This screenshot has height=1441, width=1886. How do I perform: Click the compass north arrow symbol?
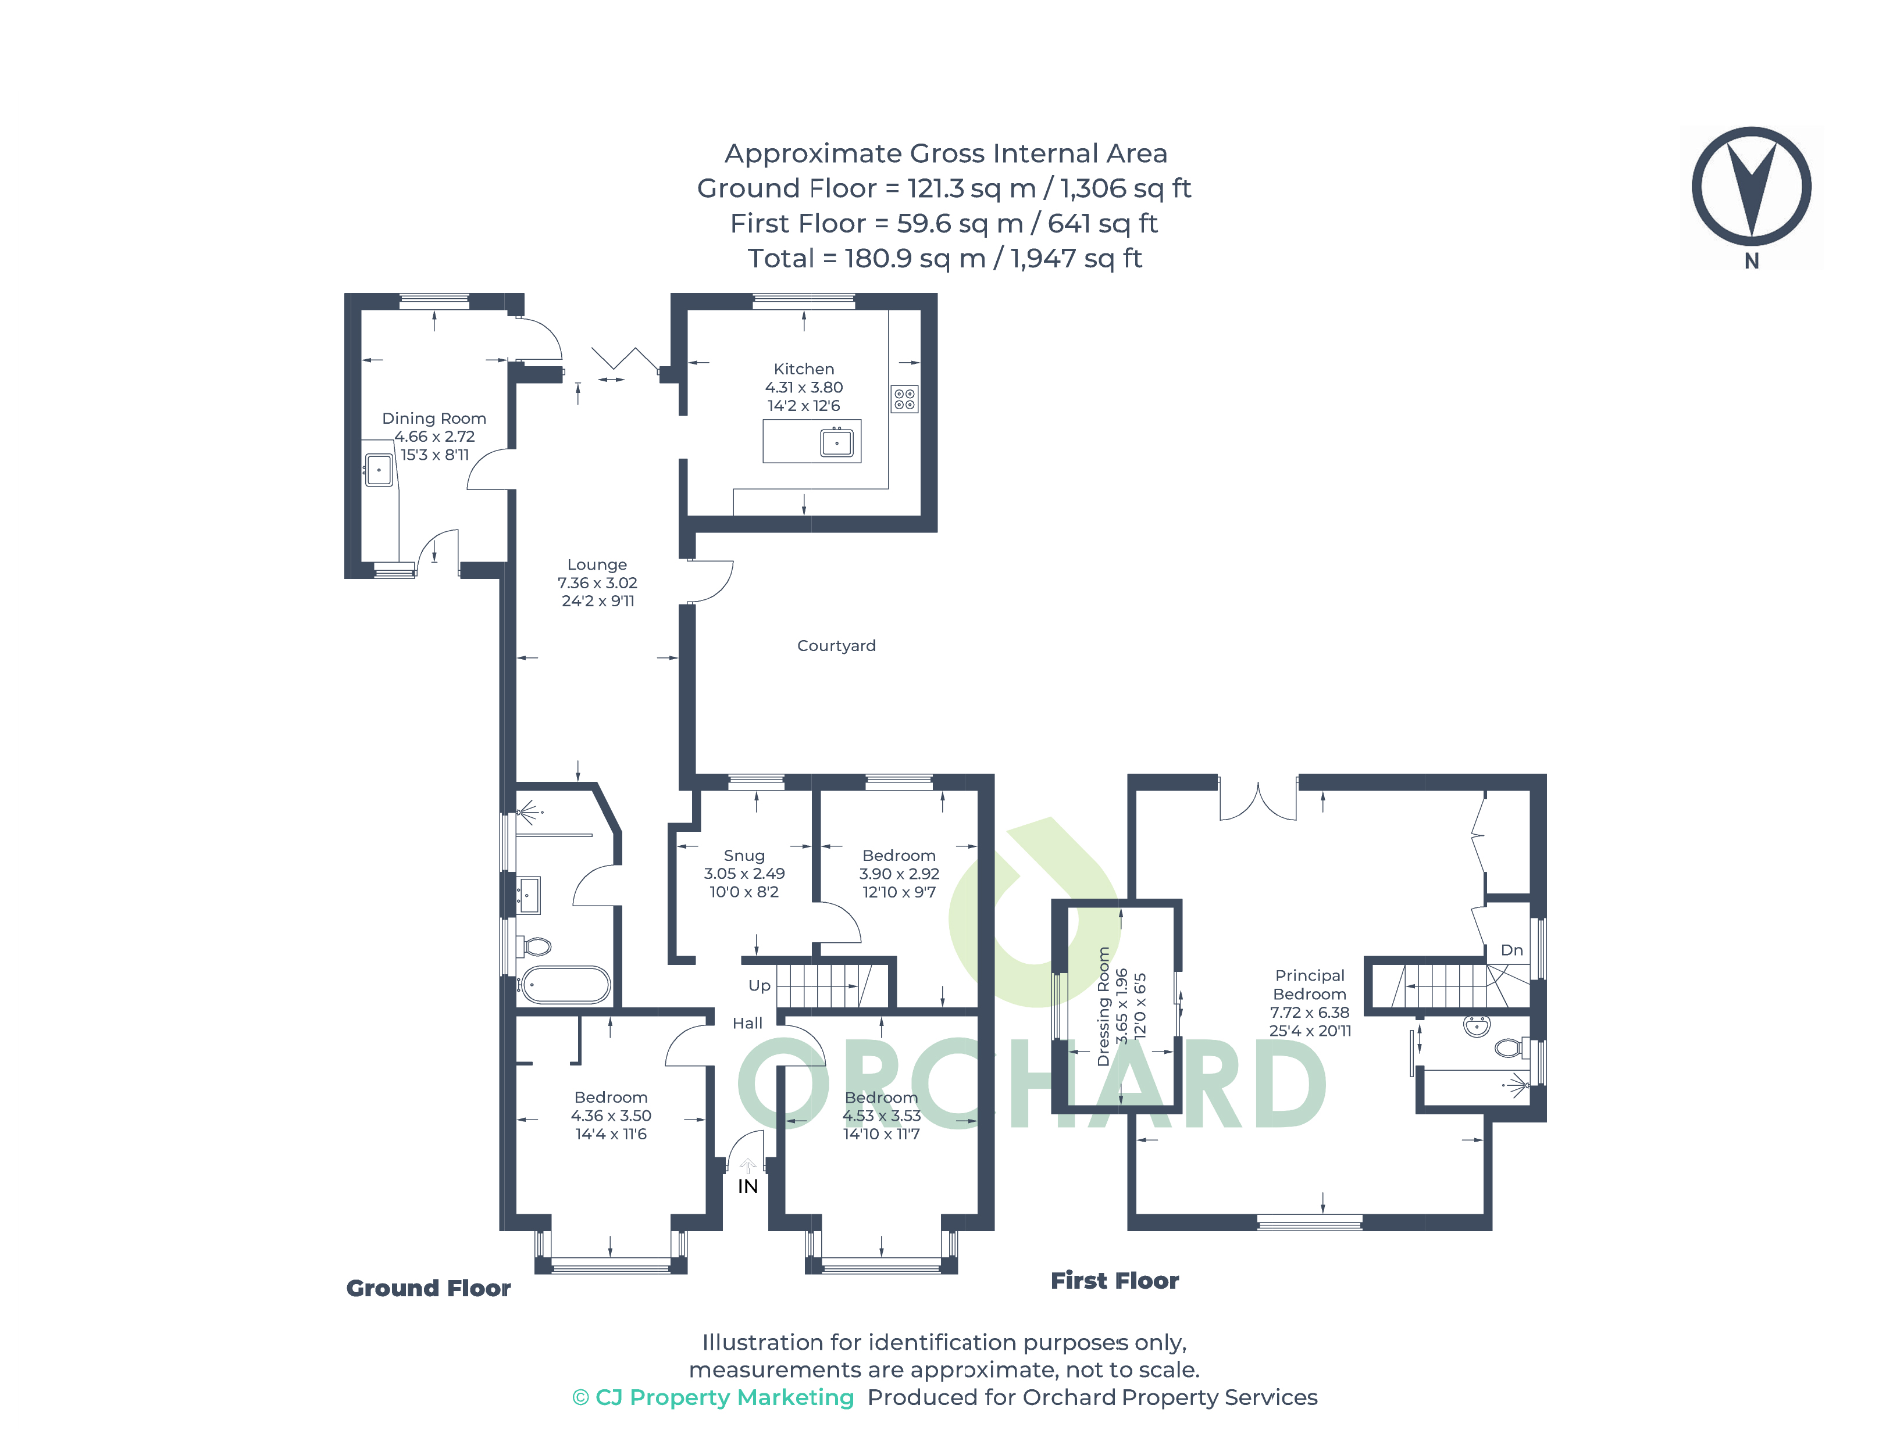1750,187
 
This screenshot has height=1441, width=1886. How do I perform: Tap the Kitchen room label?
803,369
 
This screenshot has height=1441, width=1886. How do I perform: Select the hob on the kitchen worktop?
904,399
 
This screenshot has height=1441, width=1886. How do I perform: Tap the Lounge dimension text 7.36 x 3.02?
597,582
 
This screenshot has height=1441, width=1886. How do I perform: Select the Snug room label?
743,855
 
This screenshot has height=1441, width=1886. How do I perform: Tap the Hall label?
747,1023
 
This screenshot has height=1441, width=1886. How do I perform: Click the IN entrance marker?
747,1186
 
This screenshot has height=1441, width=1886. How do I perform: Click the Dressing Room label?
1103,1006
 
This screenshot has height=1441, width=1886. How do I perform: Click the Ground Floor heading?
428,1288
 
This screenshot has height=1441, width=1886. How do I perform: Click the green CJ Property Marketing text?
713,1397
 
